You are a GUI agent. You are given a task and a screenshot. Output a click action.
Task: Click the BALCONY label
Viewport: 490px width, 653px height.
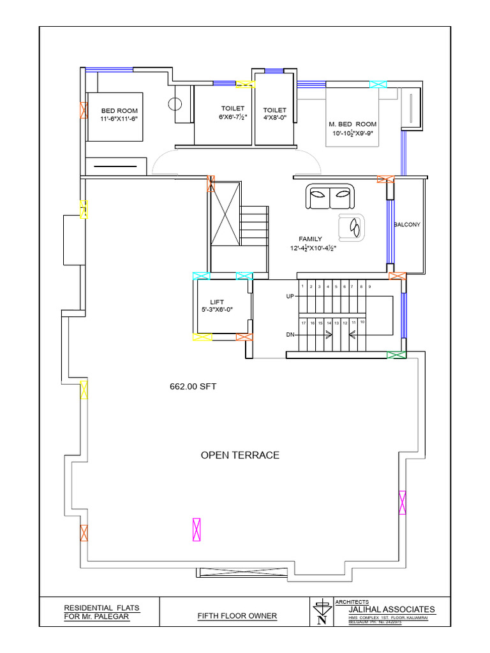(407, 224)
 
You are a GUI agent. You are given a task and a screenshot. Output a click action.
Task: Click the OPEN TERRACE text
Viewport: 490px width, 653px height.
(240, 455)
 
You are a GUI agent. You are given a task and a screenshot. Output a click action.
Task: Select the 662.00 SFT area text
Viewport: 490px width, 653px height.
(193, 386)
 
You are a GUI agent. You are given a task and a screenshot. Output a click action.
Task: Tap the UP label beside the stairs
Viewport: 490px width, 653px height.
(290, 297)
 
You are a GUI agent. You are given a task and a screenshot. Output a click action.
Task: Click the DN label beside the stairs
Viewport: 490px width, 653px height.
(290, 334)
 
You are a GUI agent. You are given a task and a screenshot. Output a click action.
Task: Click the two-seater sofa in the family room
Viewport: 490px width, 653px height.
(330, 196)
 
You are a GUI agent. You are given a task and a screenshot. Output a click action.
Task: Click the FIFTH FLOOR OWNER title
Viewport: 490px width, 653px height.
(237, 616)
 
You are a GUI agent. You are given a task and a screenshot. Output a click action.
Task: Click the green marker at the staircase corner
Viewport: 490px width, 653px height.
(397, 355)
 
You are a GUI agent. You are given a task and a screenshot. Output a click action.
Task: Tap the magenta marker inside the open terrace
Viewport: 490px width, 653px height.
(197, 530)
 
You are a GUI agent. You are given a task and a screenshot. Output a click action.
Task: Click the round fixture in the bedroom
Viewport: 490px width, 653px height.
(175, 103)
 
